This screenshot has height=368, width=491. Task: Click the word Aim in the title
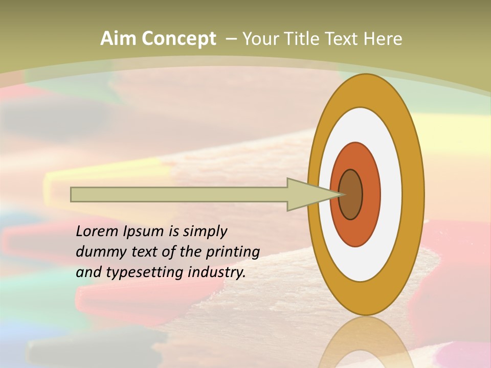point(119,39)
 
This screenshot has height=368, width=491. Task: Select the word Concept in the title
point(179,39)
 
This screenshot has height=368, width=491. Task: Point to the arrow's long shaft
point(179,195)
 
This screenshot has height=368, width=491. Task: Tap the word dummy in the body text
point(100,252)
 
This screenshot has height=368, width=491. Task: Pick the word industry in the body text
point(217,273)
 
